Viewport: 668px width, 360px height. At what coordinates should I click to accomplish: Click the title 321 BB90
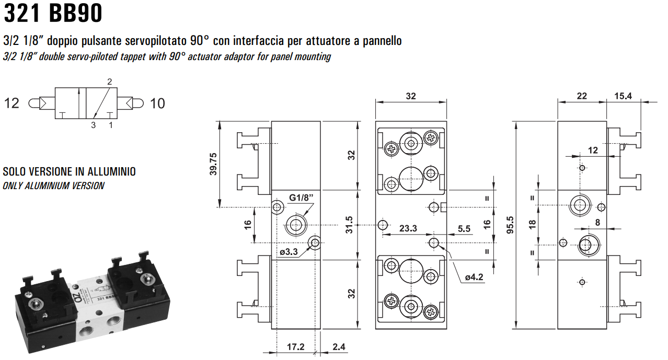[52, 14]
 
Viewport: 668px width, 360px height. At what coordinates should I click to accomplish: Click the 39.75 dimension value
[213, 164]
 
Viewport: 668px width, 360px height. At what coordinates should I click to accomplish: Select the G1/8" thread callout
[301, 198]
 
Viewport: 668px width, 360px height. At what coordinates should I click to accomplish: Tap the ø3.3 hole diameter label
[289, 252]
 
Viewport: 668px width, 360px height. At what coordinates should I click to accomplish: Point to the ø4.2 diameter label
[474, 277]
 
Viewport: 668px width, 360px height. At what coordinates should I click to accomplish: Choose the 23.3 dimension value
[408, 228]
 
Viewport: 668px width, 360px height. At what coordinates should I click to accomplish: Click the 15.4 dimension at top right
[623, 96]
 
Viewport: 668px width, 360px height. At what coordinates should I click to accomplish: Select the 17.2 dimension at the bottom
[296, 347]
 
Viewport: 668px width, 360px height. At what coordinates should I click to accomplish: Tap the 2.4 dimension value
[339, 347]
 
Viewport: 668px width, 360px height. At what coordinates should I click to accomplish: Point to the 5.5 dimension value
[464, 228]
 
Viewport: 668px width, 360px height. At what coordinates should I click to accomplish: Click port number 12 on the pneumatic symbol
[11, 103]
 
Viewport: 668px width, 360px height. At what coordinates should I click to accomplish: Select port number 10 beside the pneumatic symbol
[157, 103]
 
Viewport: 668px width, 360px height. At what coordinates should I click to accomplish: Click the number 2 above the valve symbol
[110, 82]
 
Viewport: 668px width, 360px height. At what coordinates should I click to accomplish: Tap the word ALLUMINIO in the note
[111, 171]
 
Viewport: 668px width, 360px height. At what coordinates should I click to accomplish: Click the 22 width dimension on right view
[582, 96]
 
